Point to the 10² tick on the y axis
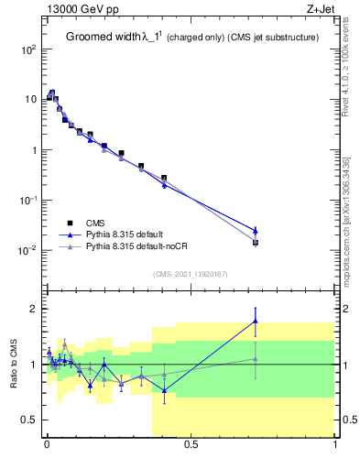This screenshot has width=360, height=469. (25, 49)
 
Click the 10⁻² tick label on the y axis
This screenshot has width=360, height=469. (25, 250)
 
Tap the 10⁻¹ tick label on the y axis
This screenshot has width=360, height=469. (25, 200)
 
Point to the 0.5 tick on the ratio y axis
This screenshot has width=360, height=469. (27, 420)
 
